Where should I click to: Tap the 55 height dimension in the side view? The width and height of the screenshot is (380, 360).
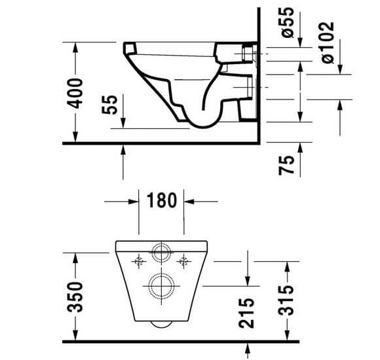(x=109, y=104)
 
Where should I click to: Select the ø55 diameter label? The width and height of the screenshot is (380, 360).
(x=288, y=22)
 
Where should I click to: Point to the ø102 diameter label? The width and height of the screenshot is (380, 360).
(x=328, y=43)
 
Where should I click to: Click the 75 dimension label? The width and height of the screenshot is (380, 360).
(x=286, y=165)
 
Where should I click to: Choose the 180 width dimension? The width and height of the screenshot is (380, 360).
(x=162, y=200)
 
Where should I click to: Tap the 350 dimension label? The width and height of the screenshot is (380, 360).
(x=75, y=297)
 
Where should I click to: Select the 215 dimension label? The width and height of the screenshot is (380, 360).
(x=246, y=313)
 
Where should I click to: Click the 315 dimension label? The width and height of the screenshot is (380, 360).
(x=286, y=300)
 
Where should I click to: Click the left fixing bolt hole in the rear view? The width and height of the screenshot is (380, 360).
(x=139, y=261)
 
